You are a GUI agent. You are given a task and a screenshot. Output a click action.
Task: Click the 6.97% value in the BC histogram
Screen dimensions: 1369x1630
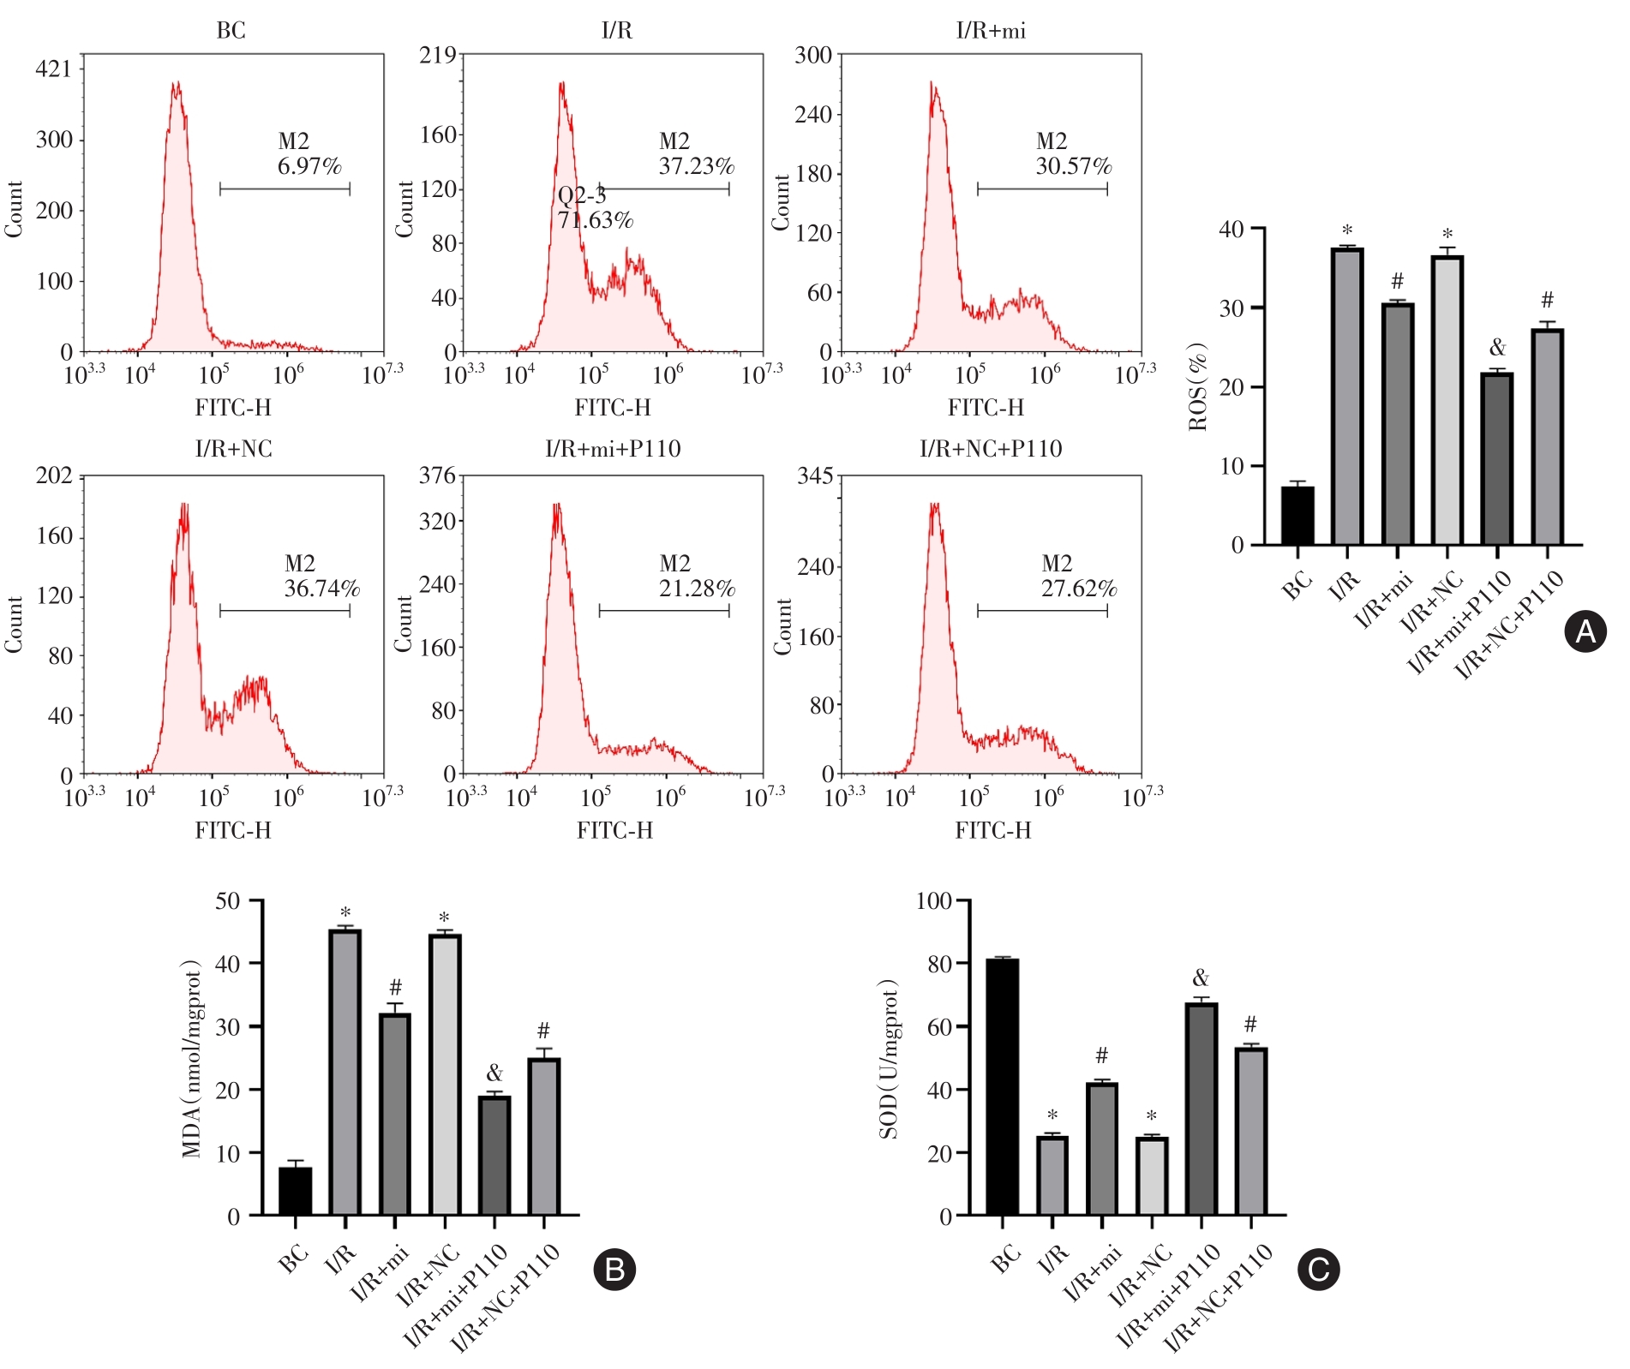309,166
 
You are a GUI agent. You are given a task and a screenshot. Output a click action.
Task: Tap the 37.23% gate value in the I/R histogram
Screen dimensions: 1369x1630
696,166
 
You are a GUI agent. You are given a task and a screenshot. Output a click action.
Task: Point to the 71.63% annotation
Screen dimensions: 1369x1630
595,221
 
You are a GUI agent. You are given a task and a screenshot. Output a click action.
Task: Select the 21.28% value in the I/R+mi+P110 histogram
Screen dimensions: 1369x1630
697,589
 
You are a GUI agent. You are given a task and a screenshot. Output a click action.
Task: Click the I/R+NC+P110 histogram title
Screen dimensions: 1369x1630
991,449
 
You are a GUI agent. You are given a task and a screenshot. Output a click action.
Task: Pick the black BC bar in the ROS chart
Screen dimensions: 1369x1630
1297,516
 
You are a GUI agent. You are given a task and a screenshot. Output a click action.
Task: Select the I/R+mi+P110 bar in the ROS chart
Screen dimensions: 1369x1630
1497,459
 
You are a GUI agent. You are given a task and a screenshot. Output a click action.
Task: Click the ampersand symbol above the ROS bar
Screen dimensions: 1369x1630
1497,347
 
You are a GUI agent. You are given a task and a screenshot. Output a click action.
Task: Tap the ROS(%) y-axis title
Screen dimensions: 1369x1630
1198,386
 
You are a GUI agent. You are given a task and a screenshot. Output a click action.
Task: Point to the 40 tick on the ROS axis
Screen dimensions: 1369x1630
1231,230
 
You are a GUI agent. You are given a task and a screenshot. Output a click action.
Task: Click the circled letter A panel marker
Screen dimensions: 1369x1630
1585,632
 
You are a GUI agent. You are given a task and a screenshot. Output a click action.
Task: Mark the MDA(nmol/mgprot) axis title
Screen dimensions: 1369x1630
192,1059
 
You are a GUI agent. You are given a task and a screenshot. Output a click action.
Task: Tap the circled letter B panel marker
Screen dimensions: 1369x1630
614,1269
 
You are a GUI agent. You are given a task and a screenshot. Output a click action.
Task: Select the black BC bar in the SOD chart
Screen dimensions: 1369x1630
1002,1087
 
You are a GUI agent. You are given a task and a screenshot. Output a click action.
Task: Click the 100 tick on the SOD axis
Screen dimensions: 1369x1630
934,901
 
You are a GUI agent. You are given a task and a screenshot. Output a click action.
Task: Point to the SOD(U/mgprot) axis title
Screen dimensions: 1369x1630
890,1059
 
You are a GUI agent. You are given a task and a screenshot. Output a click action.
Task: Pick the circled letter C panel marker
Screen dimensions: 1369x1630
1318,1269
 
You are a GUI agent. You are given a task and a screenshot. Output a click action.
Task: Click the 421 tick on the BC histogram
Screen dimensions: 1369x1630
53,69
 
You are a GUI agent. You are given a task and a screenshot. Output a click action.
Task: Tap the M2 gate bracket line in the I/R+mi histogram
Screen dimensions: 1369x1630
1042,189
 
